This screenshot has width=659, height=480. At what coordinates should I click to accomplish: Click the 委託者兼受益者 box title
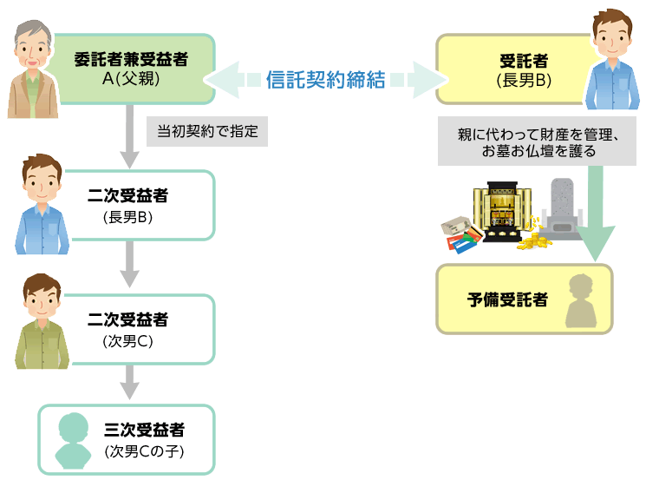click(x=131, y=60)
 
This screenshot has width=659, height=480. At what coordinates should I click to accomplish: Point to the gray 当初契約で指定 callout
click(x=208, y=132)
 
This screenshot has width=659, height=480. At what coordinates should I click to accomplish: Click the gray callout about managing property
click(x=537, y=141)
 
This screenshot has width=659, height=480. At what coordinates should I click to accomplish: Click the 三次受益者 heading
click(x=144, y=430)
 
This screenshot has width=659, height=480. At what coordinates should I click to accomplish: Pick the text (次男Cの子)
click(x=144, y=451)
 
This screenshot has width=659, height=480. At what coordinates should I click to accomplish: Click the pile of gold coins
click(x=532, y=236)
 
